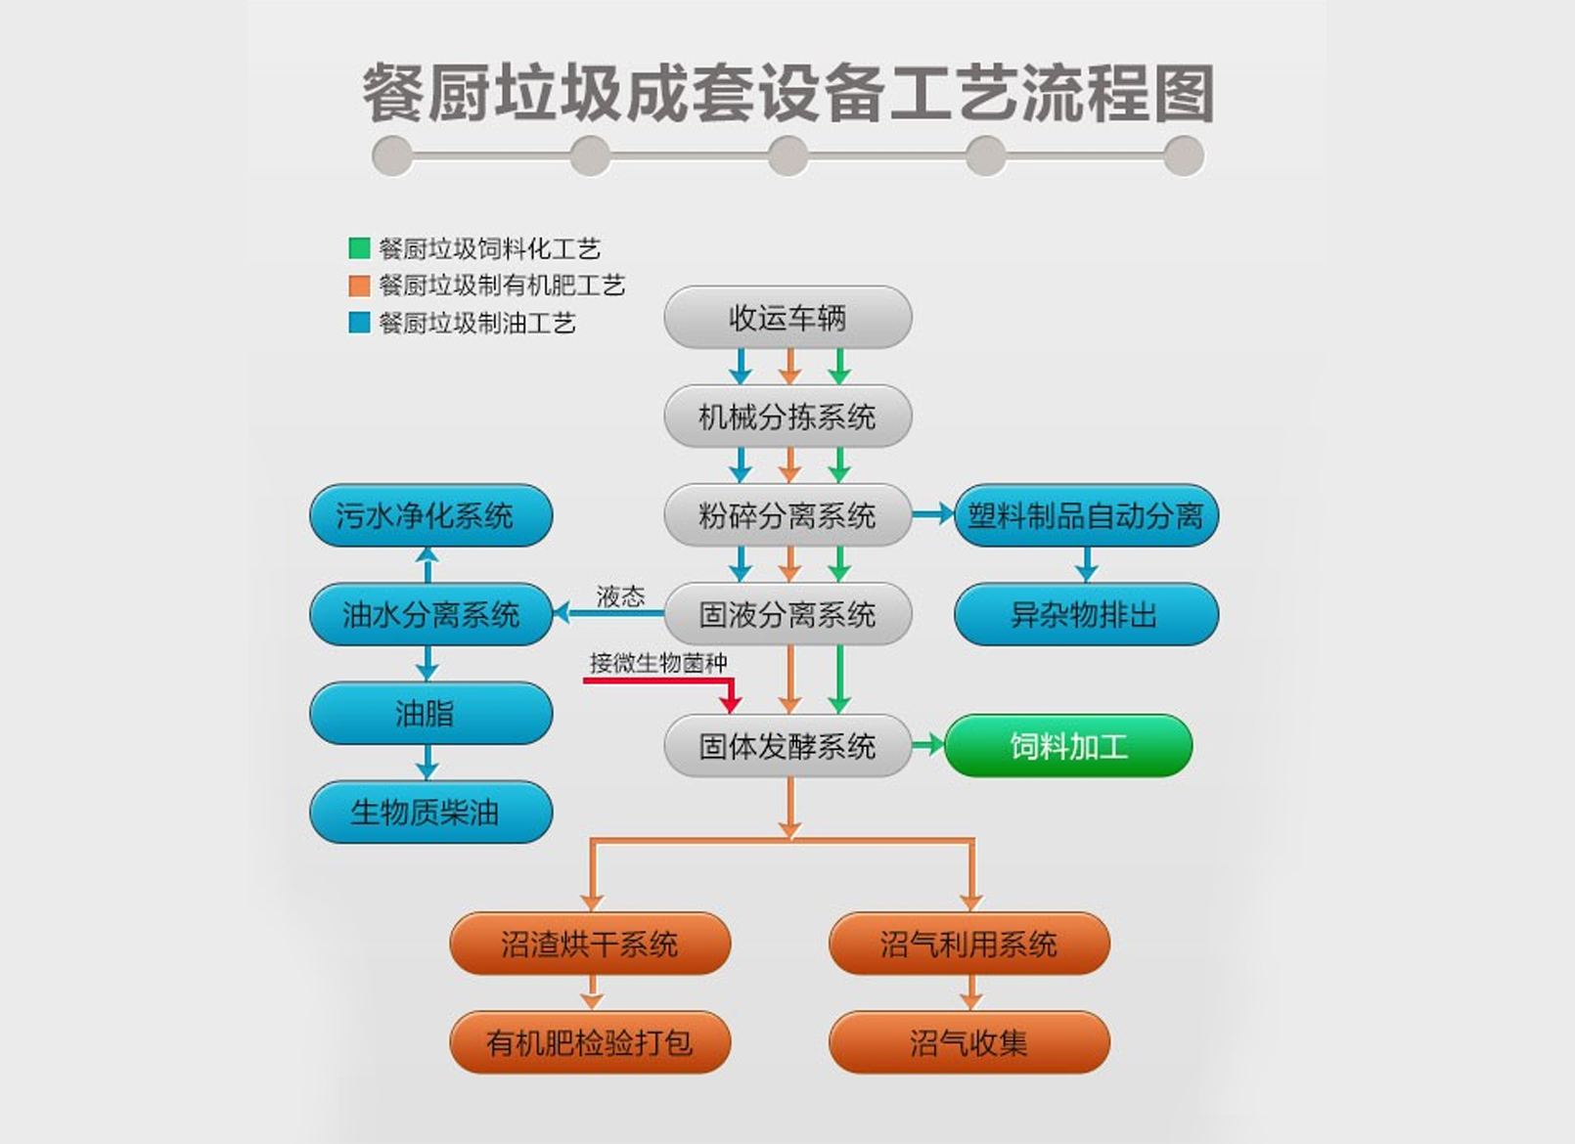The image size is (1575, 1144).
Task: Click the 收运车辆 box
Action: click(x=787, y=318)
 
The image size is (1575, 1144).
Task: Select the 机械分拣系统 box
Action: click(x=787, y=417)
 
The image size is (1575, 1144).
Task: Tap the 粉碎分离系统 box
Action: click(x=787, y=515)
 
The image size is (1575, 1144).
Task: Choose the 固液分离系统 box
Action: click(x=787, y=614)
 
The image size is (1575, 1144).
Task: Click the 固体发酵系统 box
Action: click(x=787, y=746)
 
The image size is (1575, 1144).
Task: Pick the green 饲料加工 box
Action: click(x=1068, y=746)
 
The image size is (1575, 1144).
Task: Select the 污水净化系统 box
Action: click(x=430, y=515)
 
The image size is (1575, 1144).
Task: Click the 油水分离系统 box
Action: click(x=430, y=614)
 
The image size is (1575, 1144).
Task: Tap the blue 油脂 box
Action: click(x=430, y=713)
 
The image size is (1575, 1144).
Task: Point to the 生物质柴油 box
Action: click(x=430, y=812)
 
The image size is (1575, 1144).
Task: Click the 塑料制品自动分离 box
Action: click(x=1086, y=515)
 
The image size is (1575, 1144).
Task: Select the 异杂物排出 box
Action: click(x=1086, y=614)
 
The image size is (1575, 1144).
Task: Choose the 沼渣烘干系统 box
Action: click(x=590, y=944)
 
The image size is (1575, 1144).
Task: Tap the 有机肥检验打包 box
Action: click(x=590, y=1042)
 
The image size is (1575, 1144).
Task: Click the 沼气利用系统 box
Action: click(x=968, y=944)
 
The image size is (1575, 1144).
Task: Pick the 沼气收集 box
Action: click(x=968, y=1042)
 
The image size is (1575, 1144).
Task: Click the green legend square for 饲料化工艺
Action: click(x=359, y=248)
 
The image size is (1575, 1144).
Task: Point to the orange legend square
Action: click(x=359, y=286)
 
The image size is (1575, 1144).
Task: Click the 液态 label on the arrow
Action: click(x=620, y=596)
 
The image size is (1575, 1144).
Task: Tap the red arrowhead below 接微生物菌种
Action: click(x=731, y=703)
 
